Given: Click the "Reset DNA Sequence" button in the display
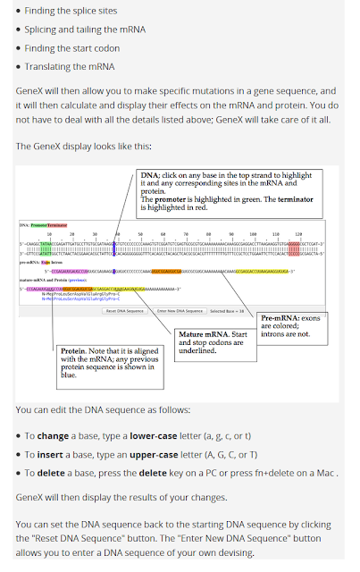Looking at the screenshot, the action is point(125,311).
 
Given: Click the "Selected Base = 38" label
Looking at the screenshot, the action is point(227,311).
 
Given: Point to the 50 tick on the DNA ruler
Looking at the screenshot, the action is point(141,234).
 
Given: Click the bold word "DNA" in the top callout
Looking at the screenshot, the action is point(150,175).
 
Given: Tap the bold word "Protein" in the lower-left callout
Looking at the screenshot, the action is point(75,351).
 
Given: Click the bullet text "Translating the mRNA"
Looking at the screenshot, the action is point(70,66).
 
